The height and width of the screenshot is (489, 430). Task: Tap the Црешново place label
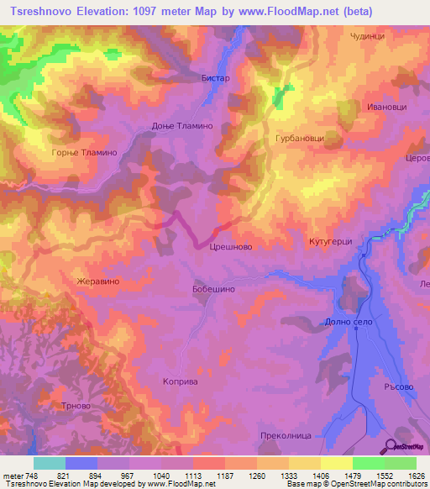[x=231, y=247]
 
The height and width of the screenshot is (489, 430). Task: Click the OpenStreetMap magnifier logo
[x=390, y=446]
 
